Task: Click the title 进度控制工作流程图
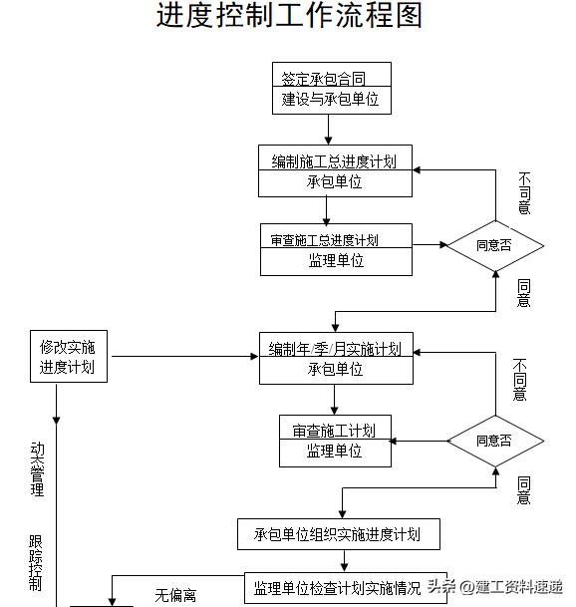coord(289,17)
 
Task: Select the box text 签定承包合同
coord(331,77)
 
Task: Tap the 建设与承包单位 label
coord(331,100)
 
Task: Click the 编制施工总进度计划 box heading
coord(335,159)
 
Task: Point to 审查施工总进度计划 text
coord(324,239)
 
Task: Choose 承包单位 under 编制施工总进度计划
coord(335,182)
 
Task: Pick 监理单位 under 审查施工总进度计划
coord(336,261)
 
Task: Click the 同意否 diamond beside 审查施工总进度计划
coord(494,245)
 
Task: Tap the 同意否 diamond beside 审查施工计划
coord(494,441)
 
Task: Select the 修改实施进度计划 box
coord(68,358)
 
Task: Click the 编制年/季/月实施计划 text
coord(336,348)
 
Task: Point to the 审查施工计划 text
coord(334,430)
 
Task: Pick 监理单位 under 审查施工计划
coord(334,451)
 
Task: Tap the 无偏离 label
coord(175,596)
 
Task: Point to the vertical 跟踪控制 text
coord(37,562)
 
